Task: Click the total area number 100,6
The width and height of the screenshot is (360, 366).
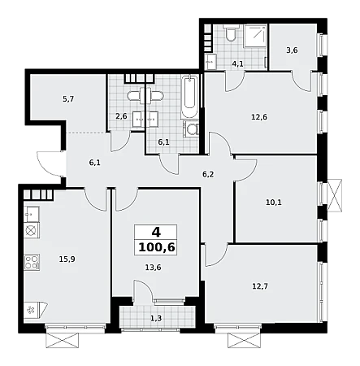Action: coord(156,247)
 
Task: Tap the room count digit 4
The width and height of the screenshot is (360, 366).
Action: coord(156,233)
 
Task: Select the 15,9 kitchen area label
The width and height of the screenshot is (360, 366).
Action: coord(67,259)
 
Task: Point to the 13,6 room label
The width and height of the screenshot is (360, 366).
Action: coord(153,268)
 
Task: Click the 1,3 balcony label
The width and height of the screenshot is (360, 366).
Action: coord(156,318)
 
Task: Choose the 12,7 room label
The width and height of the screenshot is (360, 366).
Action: coord(260,286)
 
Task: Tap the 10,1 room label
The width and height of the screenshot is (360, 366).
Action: coord(274,203)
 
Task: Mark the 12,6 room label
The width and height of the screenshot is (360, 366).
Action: coord(259,117)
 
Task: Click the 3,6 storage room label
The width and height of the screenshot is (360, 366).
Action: coord(292,50)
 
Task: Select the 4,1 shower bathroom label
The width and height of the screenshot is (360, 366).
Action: coord(237,64)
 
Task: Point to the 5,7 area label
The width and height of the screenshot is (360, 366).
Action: coord(68,99)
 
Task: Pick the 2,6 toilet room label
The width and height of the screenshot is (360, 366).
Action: coord(121,116)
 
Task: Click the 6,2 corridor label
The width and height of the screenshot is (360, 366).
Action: coord(208,174)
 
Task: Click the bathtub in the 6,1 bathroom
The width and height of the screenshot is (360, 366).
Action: coord(190,96)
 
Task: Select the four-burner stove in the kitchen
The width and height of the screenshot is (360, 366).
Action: coord(32,262)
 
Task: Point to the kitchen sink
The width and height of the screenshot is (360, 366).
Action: coord(32,214)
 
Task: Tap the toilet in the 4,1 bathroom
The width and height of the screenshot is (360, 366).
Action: coord(231,33)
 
